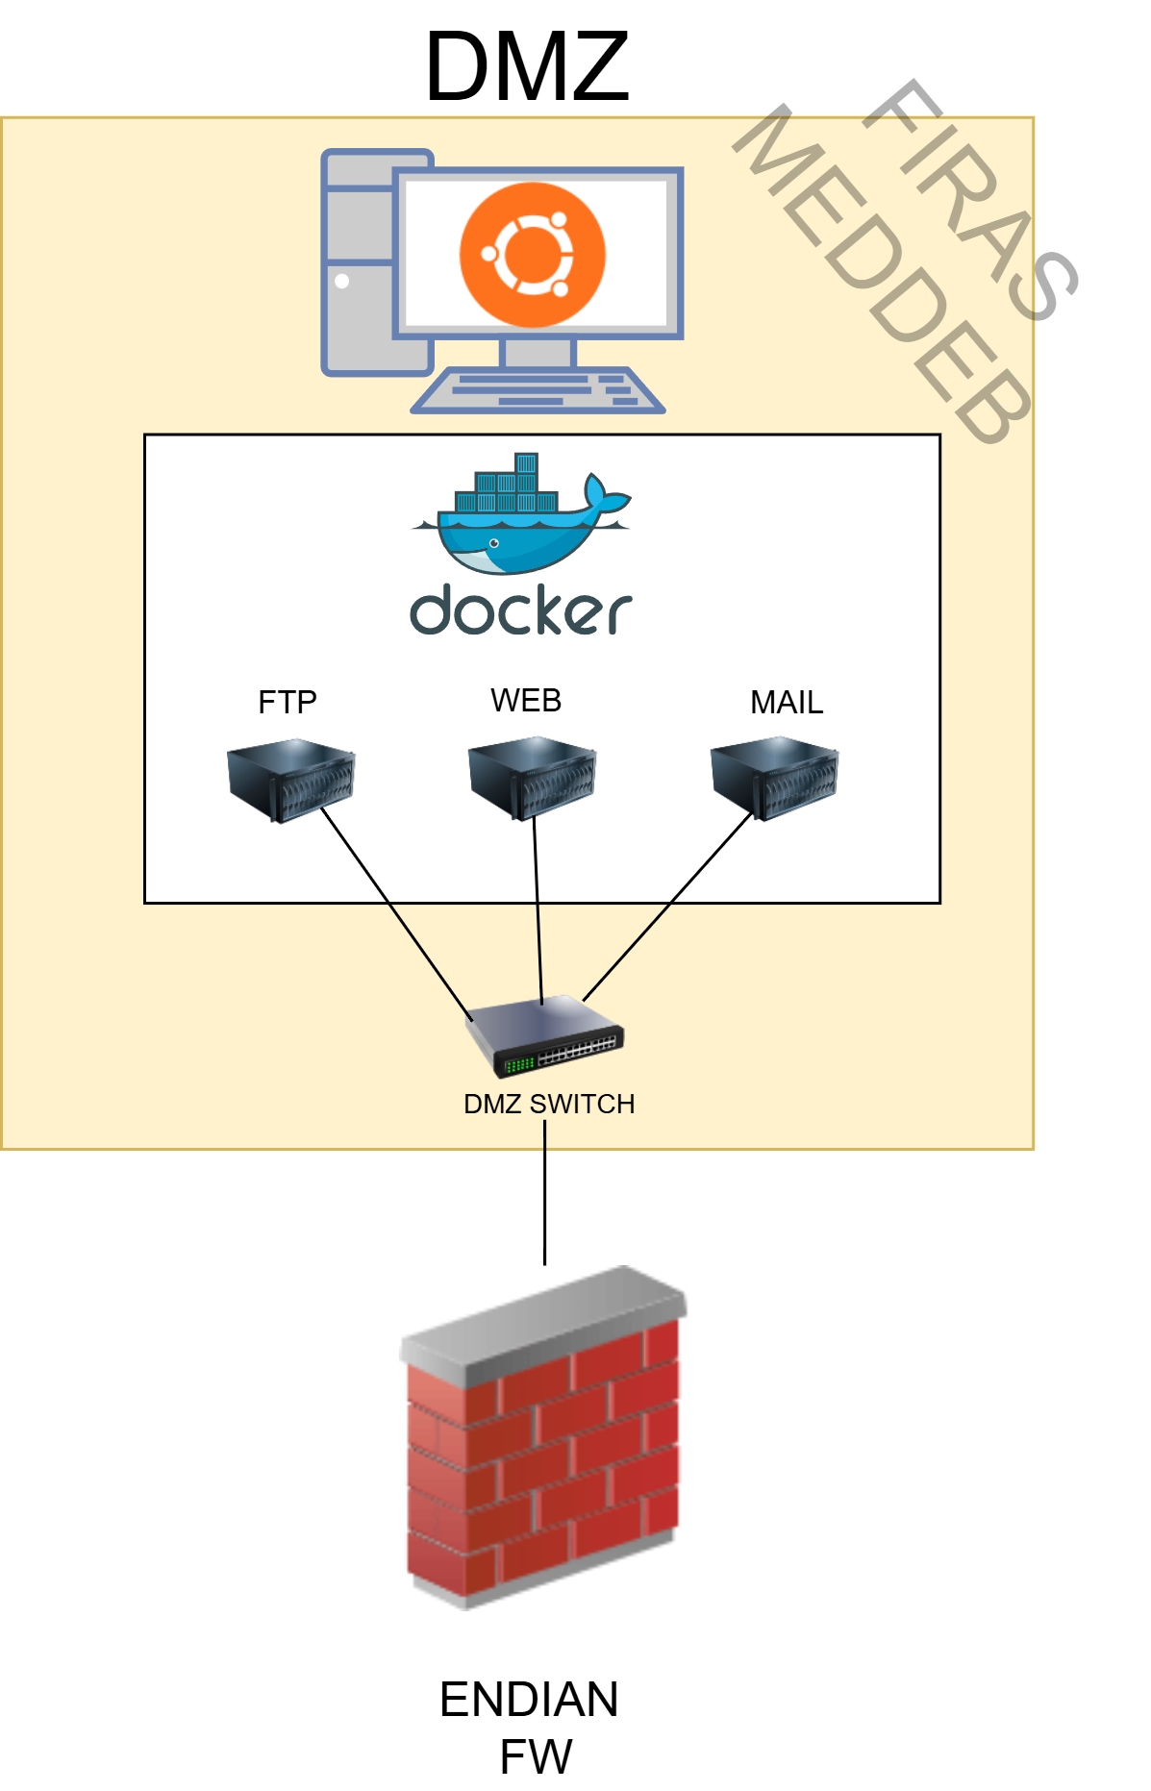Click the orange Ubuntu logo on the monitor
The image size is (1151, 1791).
click(x=532, y=255)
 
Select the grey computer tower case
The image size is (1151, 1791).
click(x=361, y=288)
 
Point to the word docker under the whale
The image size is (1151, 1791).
click(x=520, y=610)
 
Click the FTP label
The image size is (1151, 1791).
click(x=287, y=703)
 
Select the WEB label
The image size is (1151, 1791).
click(x=525, y=701)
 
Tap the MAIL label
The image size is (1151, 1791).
click(x=786, y=703)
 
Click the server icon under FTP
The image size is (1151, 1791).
click(x=290, y=780)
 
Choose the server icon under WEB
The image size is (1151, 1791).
click(x=532, y=778)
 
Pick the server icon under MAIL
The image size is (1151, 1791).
click(x=774, y=778)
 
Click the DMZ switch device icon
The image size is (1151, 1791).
click(x=545, y=1038)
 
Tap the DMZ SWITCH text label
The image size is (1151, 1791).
click(x=548, y=1104)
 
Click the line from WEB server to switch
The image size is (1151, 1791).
click(x=538, y=913)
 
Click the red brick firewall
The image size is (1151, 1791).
click(x=543, y=1461)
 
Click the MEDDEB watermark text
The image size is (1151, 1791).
click(x=880, y=279)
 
